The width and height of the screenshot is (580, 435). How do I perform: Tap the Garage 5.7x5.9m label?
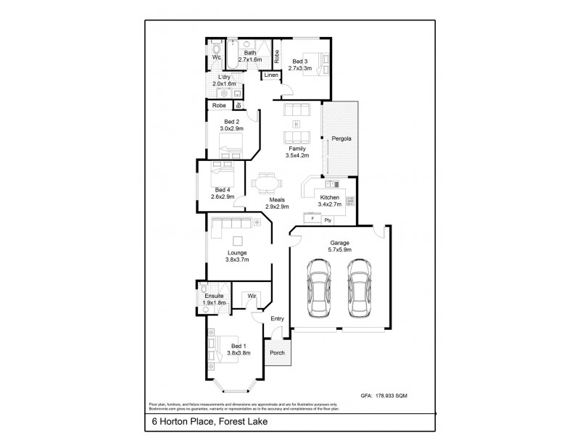[340, 246]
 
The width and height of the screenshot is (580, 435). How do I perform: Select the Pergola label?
[341, 138]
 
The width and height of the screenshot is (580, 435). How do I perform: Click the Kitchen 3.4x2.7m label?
[330, 201]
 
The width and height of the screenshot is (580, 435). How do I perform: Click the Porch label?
[276, 353]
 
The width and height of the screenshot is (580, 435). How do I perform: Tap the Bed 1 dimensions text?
[239, 353]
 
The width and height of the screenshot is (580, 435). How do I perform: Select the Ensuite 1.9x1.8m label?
[214, 299]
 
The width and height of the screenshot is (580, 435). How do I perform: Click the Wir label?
[252, 296]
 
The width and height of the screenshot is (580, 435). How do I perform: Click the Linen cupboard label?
[270, 75]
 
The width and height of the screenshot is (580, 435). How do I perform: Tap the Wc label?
[216, 57]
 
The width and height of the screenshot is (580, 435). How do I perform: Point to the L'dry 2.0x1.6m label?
[224, 80]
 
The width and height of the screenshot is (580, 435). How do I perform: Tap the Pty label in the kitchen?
[328, 219]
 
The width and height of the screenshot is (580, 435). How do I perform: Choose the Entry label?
[278, 318]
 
